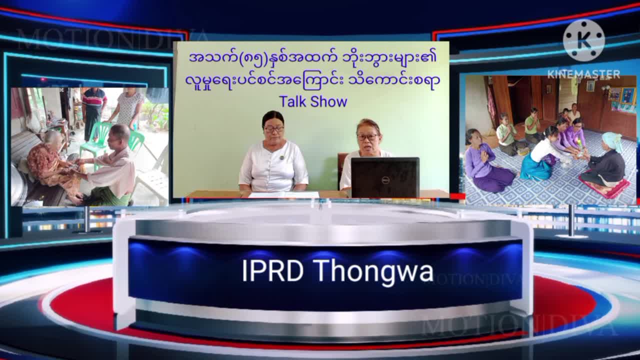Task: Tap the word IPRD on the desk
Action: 272,270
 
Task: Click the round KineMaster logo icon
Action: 583,40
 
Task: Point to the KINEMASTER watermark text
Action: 583,74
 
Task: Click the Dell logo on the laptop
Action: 385,180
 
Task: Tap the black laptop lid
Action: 385,177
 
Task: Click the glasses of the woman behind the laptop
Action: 367,137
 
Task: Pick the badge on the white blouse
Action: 282,157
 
